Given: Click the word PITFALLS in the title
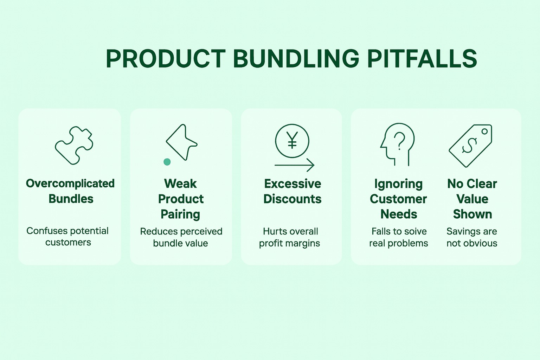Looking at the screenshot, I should tap(422, 59).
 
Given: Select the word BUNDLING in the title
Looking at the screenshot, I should tap(296, 59).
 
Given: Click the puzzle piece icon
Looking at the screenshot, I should tap(74, 145).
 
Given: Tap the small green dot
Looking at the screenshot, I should tap(167, 162).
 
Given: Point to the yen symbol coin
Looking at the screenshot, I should tap(292, 141).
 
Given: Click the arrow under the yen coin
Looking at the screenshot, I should tap(294, 165).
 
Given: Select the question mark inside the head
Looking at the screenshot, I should tap(399, 141).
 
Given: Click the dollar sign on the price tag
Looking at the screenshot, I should tap(469, 145).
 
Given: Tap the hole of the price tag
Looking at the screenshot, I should tap(484, 131).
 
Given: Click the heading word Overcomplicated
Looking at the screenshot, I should tap(70, 184).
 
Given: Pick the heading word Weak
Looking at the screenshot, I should tap(180, 184).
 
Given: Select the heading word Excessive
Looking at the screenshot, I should tap(292, 184).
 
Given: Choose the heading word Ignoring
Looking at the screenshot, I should tap(398, 184).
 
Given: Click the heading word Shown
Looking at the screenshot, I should tap(472, 214).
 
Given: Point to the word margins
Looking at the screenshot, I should tap(304, 243).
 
